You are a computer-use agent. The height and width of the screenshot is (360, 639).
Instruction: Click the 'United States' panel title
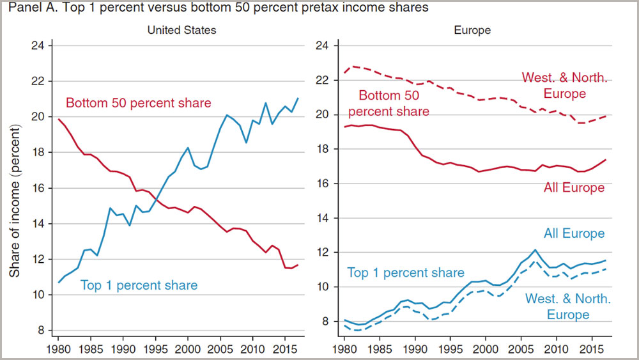click(x=181, y=30)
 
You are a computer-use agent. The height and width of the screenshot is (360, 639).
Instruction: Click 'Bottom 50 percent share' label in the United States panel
click(x=138, y=103)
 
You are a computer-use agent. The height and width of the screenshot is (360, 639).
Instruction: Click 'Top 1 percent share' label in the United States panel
click(x=139, y=285)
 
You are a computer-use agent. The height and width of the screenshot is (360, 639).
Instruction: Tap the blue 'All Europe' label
click(x=574, y=233)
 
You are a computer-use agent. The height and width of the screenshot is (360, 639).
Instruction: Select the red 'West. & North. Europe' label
click(x=566, y=86)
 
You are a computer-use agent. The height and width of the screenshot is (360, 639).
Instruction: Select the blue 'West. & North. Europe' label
click(x=567, y=307)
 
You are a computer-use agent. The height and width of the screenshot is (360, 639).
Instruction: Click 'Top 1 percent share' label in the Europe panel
click(x=406, y=273)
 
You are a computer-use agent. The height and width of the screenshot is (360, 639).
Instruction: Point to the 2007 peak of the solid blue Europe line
click(x=535, y=250)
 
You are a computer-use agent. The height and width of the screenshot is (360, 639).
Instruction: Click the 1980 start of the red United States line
click(x=58, y=120)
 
